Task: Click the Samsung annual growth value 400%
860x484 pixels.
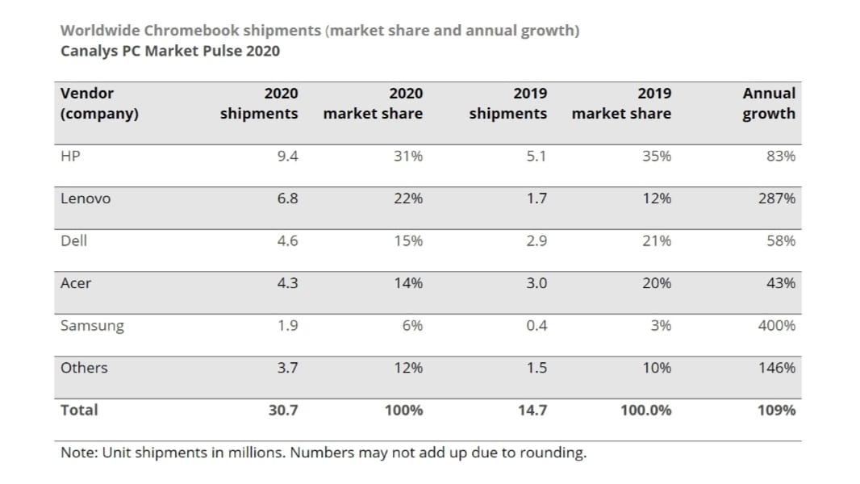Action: (778, 326)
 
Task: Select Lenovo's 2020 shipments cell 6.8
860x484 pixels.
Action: (287, 198)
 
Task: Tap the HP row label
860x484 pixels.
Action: (70, 156)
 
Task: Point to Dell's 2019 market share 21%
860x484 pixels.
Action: (657, 241)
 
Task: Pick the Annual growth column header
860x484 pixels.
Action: (769, 103)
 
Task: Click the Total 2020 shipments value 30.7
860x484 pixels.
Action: (283, 411)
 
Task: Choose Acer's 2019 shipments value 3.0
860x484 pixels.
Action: (536, 283)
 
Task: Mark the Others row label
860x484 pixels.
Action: (84, 368)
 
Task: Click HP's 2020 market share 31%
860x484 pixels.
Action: (408, 156)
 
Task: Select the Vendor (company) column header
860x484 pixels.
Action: (99, 103)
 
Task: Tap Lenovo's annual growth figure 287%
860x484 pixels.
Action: (778, 198)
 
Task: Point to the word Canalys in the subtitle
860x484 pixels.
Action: (89, 51)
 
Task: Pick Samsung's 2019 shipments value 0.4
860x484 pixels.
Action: (536, 326)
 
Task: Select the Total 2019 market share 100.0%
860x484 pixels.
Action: (645, 411)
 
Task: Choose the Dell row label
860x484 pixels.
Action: (73, 241)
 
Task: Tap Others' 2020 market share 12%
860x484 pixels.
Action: (408, 368)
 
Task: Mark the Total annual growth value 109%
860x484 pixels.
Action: (777, 411)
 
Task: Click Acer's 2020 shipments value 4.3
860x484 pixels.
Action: (287, 283)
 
